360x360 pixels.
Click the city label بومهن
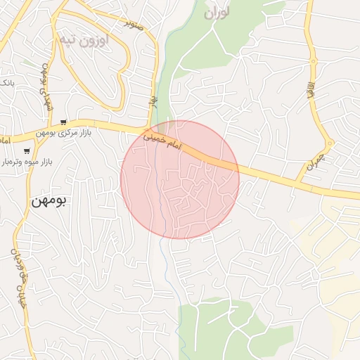point(49,200)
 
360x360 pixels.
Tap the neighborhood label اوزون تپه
point(84,40)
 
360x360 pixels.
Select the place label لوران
point(217,13)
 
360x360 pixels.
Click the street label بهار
point(151,102)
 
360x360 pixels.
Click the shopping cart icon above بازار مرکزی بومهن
point(65,122)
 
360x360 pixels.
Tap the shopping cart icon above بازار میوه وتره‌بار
point(27,150)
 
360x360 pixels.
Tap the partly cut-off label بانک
point(6,83)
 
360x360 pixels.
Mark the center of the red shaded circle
point(180,179)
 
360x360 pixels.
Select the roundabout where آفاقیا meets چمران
point(330,143)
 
